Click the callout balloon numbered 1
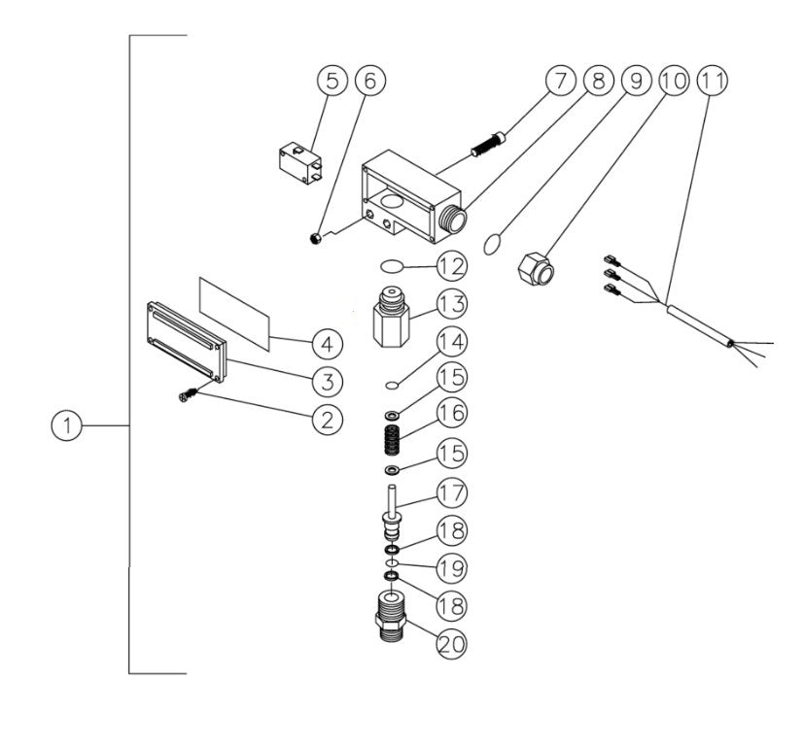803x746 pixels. pyautogui.click(x=67, y=425)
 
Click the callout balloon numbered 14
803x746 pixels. pyautogui.click(x=451, y=343)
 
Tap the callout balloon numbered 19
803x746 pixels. pyautogui.click(x=451, y=565)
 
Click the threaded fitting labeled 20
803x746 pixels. pyautogui.click(x=390, y=619)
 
